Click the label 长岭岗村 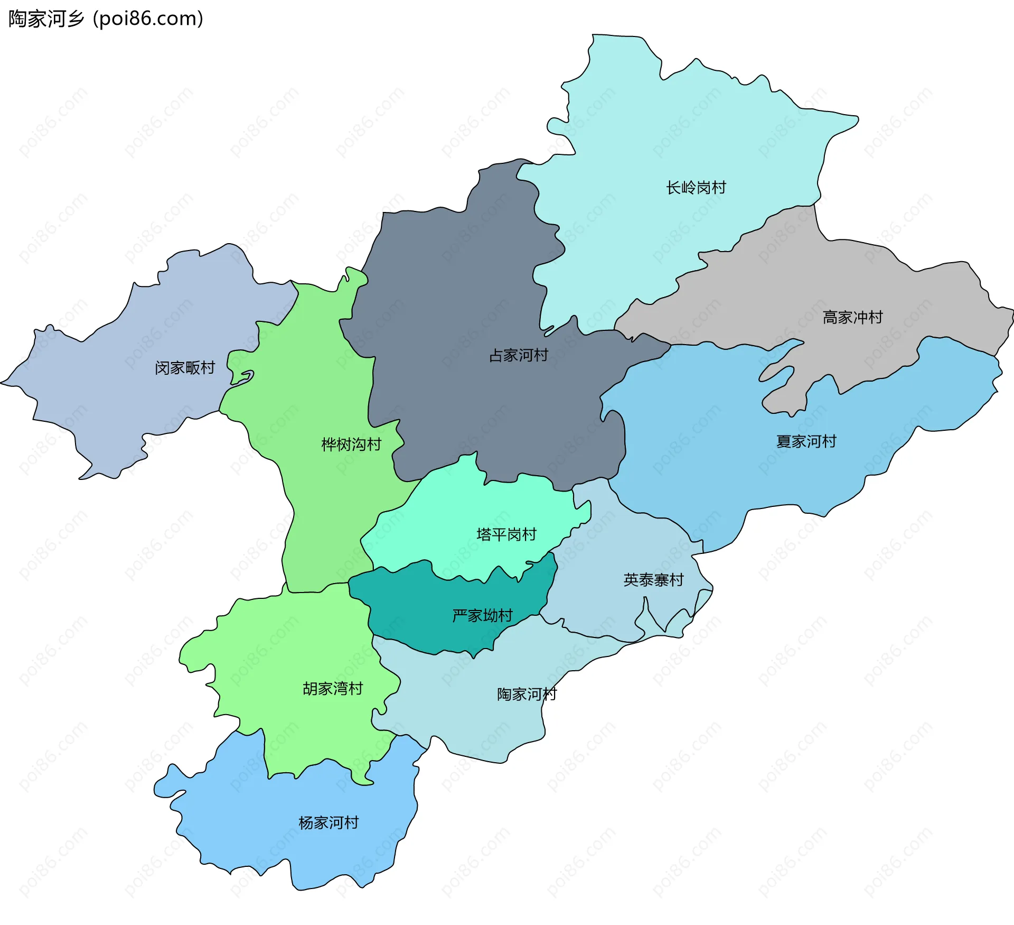pos(696,188)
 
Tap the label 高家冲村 pos(852,317)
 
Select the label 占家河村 pos(518,355)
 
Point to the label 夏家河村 pos(806,441)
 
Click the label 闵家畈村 pos(185,368)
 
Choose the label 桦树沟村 pos(351,445)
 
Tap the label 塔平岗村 pos(506,534)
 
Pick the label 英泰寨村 pos(653,580)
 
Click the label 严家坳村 pos(482,616)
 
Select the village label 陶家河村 pos(527,694)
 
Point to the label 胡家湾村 pos(333,689)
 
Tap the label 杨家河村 pos(328,823)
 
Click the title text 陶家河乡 pos(46,19)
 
